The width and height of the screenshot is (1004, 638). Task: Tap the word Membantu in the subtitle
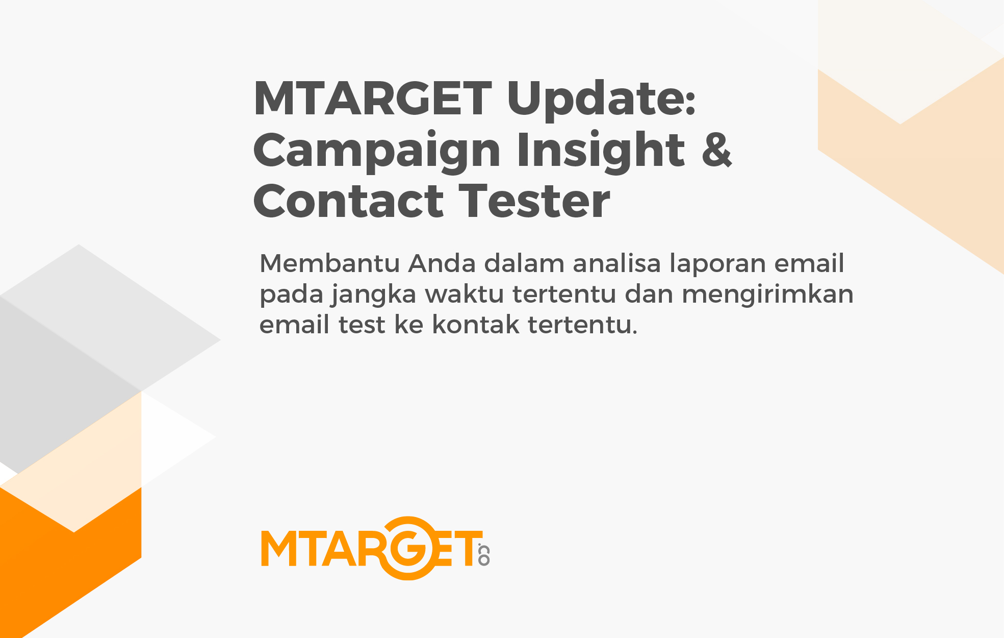329,263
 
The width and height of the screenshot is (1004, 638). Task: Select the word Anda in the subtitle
442,263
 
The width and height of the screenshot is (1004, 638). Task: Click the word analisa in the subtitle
616,263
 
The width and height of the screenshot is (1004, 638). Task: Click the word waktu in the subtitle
465,294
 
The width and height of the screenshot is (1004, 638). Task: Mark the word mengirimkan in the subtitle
767,295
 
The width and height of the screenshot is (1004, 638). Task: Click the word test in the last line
362,325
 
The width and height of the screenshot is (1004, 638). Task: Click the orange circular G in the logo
408,548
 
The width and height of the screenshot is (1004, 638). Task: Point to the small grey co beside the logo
483,555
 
